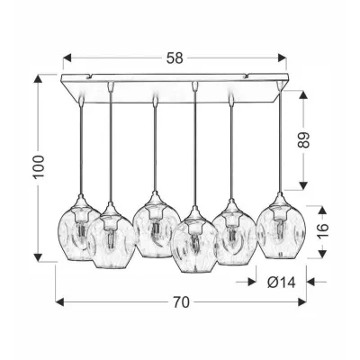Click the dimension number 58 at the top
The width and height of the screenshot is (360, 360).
tap(175, 58)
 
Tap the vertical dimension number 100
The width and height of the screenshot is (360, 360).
tap(39, 166)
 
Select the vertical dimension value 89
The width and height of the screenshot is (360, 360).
tap(303, 139)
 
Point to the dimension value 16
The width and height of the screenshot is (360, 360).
tap(322, 230)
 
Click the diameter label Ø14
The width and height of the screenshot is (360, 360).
tap(282, 283)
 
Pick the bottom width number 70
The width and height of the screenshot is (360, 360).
tap(181, 302)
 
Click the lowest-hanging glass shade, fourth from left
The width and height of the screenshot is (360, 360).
tap(193, 240)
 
